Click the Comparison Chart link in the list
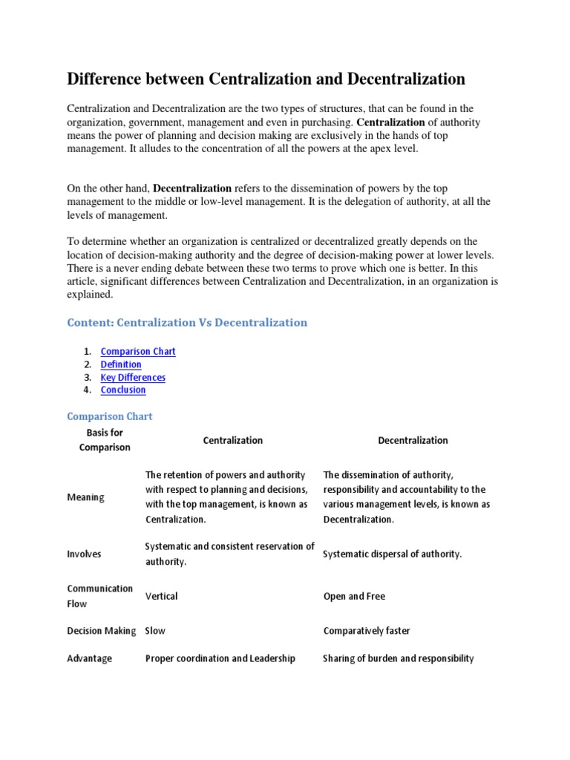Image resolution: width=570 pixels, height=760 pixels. coord(138,352)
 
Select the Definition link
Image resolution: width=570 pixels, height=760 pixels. coord(121,364)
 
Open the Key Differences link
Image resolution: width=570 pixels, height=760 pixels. coord(133,377)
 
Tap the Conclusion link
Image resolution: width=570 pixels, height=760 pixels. coord(123,390)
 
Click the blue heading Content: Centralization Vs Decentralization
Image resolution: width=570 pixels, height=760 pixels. coord(187,323)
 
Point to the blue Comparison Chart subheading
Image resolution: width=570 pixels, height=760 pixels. coord(110,416)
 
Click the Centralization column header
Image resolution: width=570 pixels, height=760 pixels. coord(233,440)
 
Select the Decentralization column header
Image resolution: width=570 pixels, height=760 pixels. coord(413,440)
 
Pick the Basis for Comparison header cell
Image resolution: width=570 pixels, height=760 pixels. coord(105,440)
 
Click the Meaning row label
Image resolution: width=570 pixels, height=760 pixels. coord(85,497)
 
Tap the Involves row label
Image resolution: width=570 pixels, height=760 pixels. coord(84,554)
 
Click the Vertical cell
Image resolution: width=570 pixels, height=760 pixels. coord(162,596)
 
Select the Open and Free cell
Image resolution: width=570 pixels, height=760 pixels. coord(354,596)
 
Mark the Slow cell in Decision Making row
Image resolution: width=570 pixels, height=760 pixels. coord(155,631)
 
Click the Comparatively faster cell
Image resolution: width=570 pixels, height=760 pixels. coord(367,631)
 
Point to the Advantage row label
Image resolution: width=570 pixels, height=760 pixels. coord(89,658)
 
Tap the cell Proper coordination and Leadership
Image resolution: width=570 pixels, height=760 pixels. coord(220,658)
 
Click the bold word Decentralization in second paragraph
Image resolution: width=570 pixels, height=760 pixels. coord(192,189)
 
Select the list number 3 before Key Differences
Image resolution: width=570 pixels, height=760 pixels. coord(87,377)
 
